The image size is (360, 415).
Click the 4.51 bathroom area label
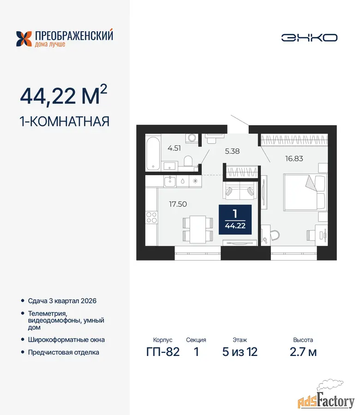click(174, 148)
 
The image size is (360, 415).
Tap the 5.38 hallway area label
click(232, 151)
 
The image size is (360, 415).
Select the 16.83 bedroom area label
click(294, 159)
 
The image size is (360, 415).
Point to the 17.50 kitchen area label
click(178, 204)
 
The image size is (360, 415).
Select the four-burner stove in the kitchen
click(152, 217)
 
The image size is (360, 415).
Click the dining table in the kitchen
click(198, 229)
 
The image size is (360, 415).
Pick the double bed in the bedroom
click(304, 192)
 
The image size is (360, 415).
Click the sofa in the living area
click(240, 190)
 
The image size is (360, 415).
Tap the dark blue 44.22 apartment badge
click(235, 219)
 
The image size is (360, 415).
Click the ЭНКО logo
click(309, 38)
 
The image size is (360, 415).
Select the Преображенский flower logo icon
click(24, 39)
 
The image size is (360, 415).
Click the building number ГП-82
click(163, 352)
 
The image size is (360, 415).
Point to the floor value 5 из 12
click(240, 352)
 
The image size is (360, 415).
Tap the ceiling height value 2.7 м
click(303, 352)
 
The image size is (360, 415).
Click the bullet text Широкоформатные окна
click(66, 339)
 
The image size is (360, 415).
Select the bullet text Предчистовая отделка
click(64, 352)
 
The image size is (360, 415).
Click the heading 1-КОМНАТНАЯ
click(65, 121)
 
